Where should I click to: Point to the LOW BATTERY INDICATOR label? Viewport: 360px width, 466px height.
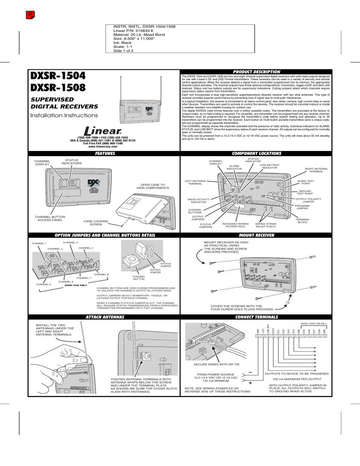tap(269, 167)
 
